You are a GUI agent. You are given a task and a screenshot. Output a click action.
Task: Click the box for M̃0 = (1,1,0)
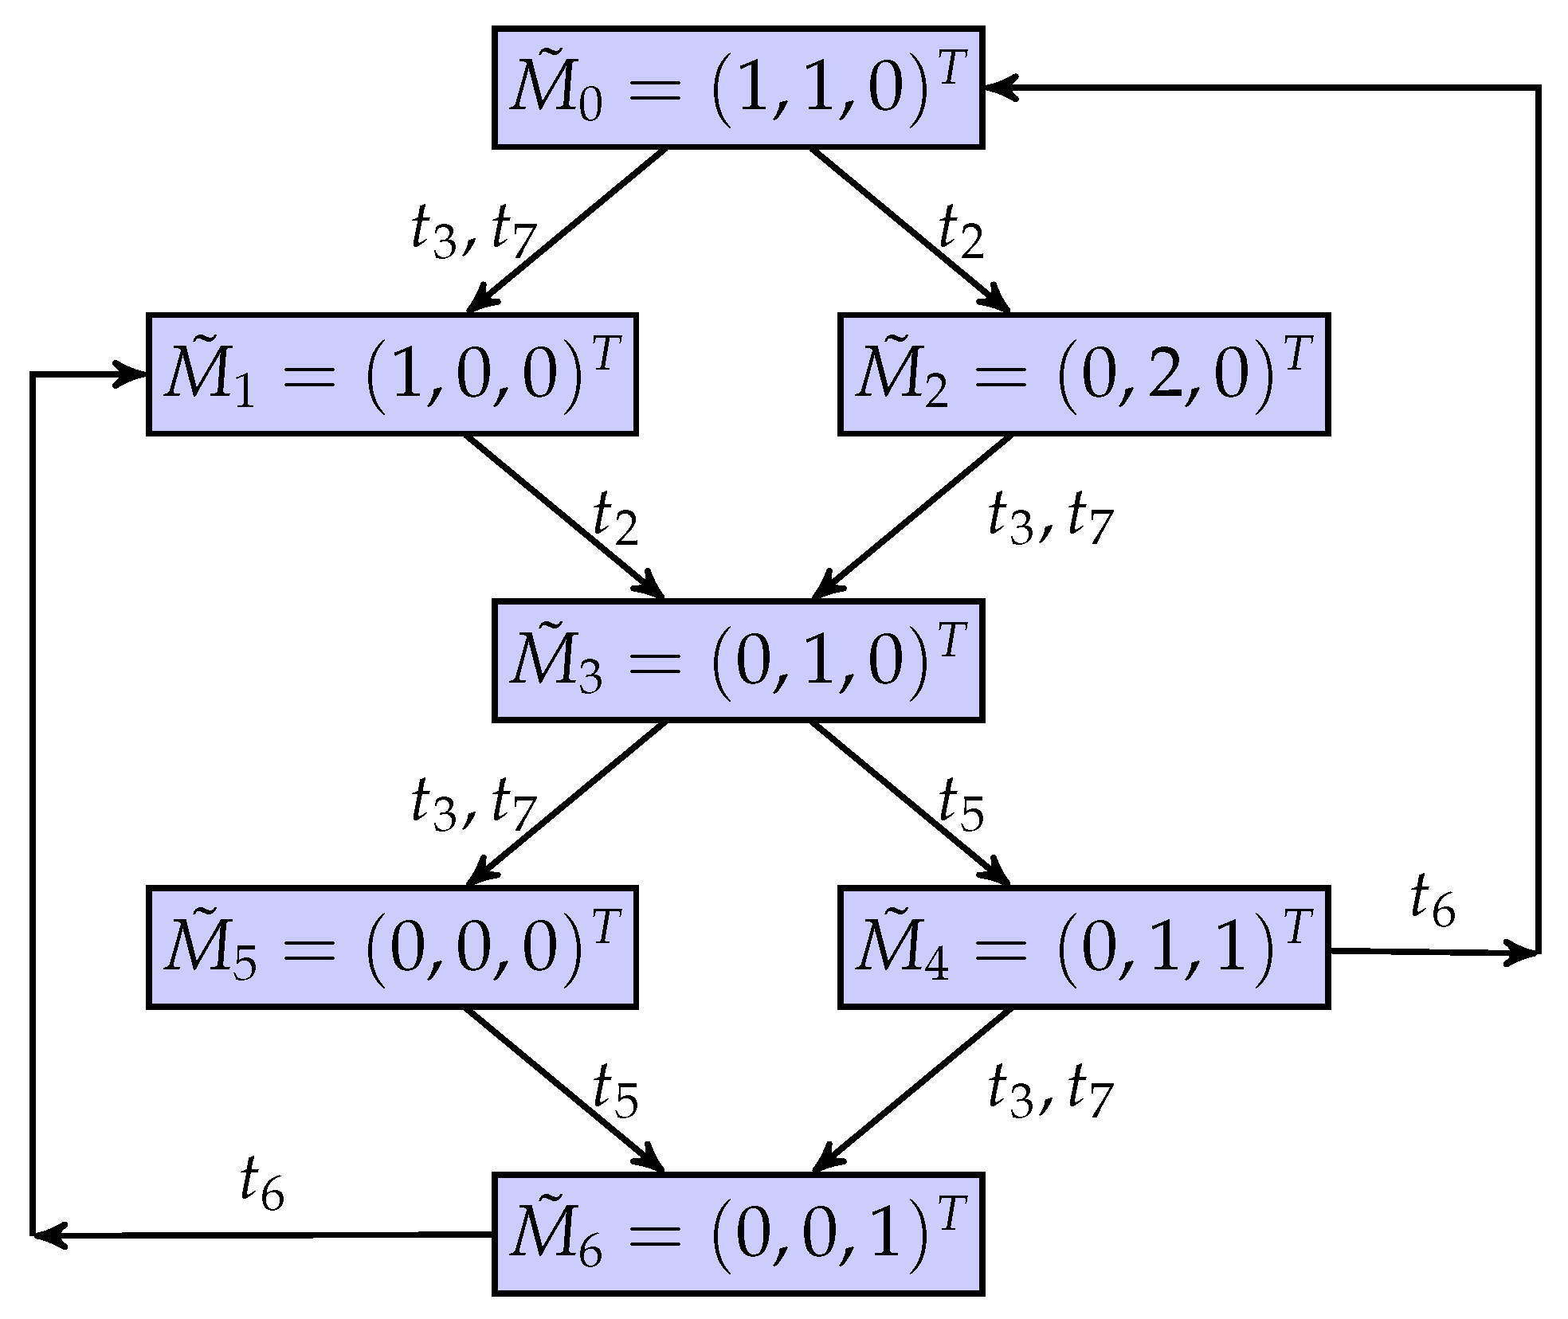click(738, 88)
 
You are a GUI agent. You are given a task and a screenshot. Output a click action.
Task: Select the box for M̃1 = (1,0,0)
click(392, 374)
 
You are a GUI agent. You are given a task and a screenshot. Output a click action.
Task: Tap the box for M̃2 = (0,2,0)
click(1084, 374)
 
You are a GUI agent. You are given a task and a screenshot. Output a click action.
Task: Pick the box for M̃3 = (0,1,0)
click(738, 660)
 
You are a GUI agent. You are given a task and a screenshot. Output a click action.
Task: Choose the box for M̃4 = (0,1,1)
click(1084, 947)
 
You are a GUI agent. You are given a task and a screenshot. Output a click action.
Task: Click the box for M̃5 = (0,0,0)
click(392, 947)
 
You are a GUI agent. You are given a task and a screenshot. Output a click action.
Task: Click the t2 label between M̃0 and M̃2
click(962, 233)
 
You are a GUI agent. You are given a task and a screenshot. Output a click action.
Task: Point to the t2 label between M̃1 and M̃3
click(616, 519)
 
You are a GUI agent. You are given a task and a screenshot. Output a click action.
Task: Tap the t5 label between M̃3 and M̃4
click(962, 805)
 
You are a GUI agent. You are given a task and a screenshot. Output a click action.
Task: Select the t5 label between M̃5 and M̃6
click(616, 1092)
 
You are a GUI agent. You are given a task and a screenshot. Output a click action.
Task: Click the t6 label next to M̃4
click(1433, 901)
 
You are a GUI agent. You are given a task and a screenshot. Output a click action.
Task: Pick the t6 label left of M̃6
click(262, 1184)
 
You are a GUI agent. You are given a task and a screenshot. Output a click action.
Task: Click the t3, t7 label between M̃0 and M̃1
click(474, 233)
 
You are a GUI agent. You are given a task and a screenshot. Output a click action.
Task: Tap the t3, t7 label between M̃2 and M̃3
click(1050, 519)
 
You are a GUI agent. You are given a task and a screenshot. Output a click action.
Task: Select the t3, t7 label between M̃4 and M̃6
click(1050, 1092)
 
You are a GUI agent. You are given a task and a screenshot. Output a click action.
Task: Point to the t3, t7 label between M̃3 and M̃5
click(474, 805)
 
